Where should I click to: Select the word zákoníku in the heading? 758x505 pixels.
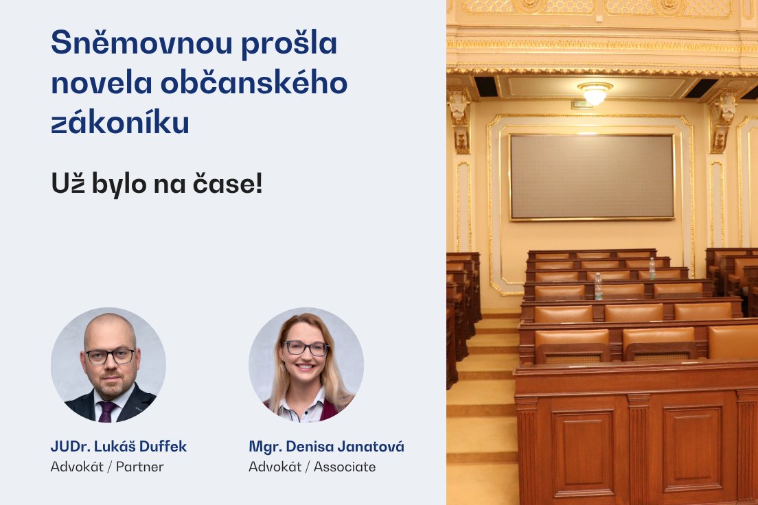click(x=120, y=123)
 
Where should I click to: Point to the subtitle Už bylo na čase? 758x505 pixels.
click(x=157, y=183)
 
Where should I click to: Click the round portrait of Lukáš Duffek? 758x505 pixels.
click(x=108, y=364)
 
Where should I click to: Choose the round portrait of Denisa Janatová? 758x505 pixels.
click(x=306, y=364)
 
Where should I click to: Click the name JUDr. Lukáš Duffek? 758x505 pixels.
click(x=119, y=447)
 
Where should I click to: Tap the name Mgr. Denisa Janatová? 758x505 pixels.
click(x=326, y=447)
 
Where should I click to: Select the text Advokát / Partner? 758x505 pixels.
click(x=107, y=467)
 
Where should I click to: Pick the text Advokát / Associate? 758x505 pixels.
click(x=312, y=467)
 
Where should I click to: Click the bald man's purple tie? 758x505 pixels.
click(x=107, y=411)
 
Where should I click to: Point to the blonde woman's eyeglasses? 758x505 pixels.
click(x=306, y=348)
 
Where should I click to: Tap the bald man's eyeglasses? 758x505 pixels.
click(x=110, y=355)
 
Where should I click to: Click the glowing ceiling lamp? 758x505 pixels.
click(x=595, y=93)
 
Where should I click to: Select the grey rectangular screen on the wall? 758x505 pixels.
click(x=592, y=176)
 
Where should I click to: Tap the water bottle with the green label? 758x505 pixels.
click(x=598, y=286)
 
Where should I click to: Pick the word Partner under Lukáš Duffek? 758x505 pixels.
click(x=140, y=467)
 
